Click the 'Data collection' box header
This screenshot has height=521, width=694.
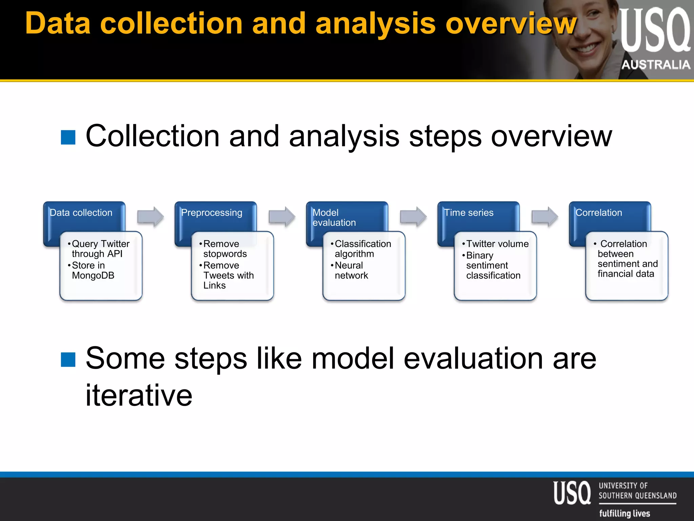pos(81,213)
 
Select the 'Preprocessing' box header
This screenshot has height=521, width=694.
pos(212,213)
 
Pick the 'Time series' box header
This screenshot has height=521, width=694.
pos(469,213)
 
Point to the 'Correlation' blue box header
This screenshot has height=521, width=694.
pos(599,213)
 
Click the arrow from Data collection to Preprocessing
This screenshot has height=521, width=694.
pos(150,217)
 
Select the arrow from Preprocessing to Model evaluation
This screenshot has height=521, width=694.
pos(282,217)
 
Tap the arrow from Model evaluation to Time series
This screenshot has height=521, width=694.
pos(413,217)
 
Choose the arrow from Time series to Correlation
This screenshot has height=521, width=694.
pos(545,217)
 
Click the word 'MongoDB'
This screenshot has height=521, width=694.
pos(93,275)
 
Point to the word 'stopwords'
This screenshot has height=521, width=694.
pos(225,254)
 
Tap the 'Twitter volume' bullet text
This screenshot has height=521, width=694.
pos(497,244)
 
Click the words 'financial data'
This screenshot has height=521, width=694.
pos(626,274)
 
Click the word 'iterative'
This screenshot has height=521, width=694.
pos(139,395)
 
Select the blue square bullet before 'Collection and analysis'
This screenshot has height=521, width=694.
pos(68,137)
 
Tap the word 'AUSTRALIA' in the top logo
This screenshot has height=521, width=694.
pos(656,64)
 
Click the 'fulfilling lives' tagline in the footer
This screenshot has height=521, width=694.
pos(625,513)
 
